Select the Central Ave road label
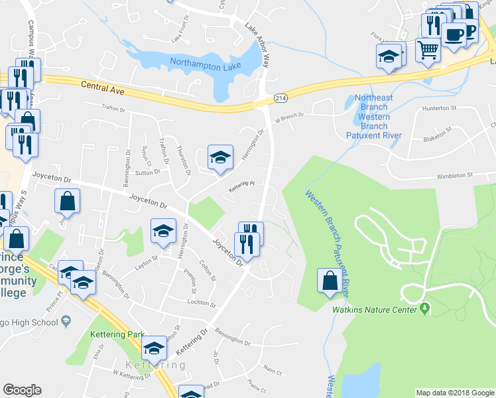point(103,86)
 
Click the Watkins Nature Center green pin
point(425,309)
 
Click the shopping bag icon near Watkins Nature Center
point(330,281)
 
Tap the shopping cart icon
point(428,49)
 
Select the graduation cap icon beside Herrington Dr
point(221,157)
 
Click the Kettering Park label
point(109,335)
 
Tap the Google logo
point(22,390)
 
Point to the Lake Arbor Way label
point(259,46)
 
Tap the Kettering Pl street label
point(242,185)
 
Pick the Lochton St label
point(202,304)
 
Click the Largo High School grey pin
point(66,322)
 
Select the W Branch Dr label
point(290,116)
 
